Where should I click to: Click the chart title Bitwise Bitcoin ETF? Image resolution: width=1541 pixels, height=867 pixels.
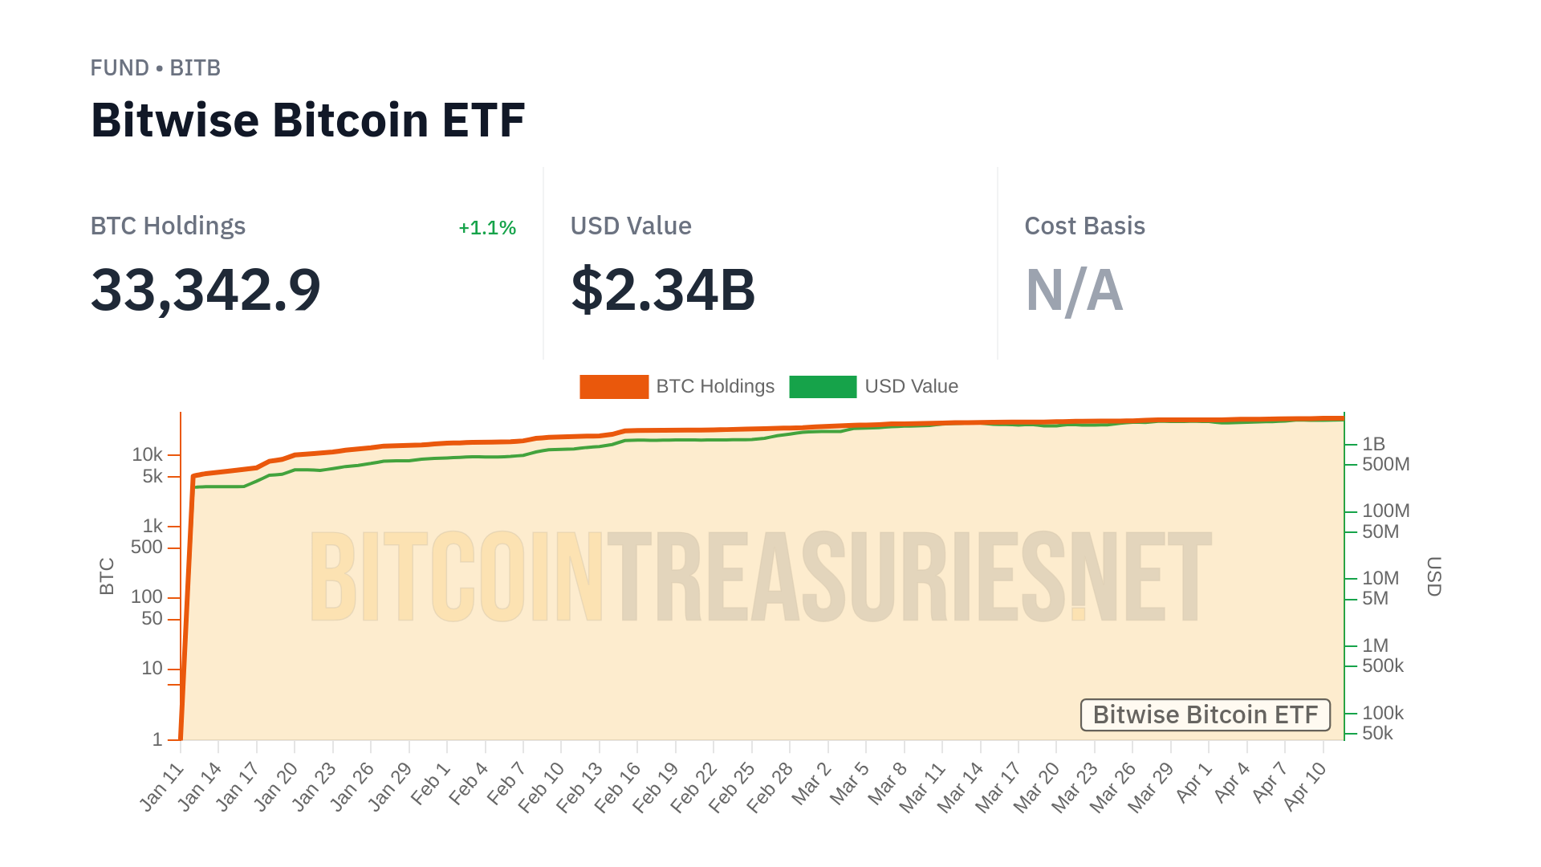(307, 120)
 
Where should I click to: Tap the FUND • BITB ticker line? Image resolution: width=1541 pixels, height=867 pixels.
(155, 68)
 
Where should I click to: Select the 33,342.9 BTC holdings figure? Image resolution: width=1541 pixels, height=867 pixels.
(205, 290)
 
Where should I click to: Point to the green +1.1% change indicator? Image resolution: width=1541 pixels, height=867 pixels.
(486, 228)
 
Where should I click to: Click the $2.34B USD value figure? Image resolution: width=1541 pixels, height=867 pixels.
(663, 290)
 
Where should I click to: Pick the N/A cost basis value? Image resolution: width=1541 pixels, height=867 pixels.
(1074, 290)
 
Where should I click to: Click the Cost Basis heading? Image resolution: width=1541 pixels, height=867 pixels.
(1084, 226)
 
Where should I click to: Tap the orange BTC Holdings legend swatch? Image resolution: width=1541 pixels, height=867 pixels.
(614, 387)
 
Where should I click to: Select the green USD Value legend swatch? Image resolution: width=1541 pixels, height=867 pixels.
(823, 387)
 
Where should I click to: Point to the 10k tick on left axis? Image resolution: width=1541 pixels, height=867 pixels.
(148, 455)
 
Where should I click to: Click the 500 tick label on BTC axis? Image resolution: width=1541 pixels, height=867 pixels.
(147, 547)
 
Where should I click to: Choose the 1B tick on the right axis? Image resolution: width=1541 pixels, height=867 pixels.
(1373, 444)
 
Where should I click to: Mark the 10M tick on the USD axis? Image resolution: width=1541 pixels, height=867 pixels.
(1380, 578)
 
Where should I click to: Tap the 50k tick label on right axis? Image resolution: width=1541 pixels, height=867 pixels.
(1377, 733)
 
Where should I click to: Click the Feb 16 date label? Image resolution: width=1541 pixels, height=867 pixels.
(618, 787)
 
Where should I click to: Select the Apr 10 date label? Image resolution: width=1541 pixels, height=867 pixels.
(1305, 787)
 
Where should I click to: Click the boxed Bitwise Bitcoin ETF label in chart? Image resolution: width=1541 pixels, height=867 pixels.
(1205, 714)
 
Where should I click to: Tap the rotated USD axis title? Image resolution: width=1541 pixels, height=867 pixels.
(1434, 576)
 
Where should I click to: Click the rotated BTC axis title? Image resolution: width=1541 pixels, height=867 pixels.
(107, 576)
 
